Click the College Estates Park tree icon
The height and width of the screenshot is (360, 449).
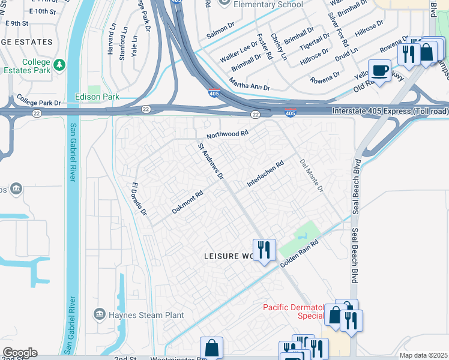59,64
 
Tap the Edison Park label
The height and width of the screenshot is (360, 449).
97,97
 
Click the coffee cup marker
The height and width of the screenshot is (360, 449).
379,71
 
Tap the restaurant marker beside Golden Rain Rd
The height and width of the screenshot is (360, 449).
264,249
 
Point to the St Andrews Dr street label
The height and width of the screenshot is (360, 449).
211,161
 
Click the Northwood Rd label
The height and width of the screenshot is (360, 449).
227,134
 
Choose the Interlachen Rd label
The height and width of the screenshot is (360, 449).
265,173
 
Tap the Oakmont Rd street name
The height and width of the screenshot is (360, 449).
188,202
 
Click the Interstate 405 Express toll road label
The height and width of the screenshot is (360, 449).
390,112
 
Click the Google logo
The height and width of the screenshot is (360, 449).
19,353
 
